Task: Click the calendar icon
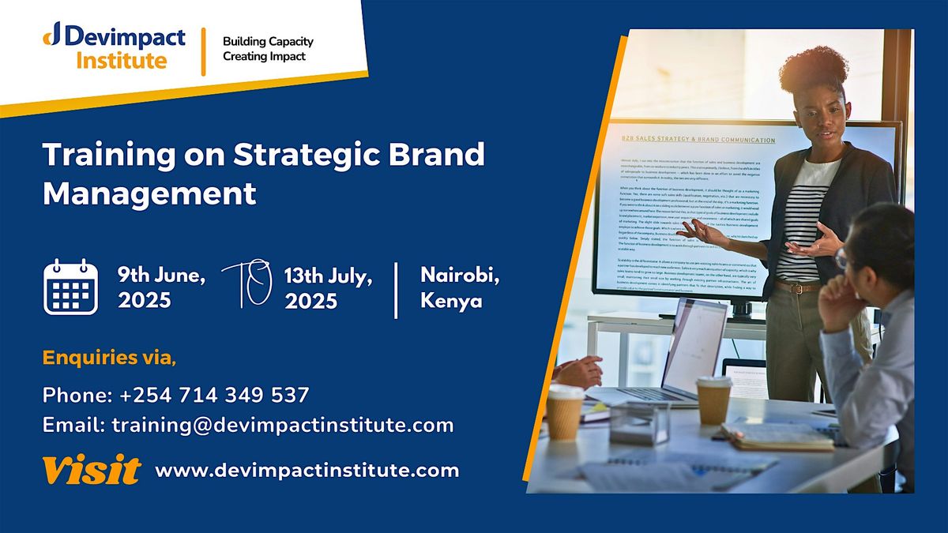coord(70,287)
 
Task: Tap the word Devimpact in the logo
coord(127,37)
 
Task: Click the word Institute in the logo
coord(122,61)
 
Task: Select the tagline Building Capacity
coord(268,41)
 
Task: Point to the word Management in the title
coord(150,193)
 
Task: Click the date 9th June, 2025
coord(162,287)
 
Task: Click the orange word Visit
coord(92,471)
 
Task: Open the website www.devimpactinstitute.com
coord(307,471)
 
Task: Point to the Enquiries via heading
coord(110,358)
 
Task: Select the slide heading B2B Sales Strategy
coord(695,141)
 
